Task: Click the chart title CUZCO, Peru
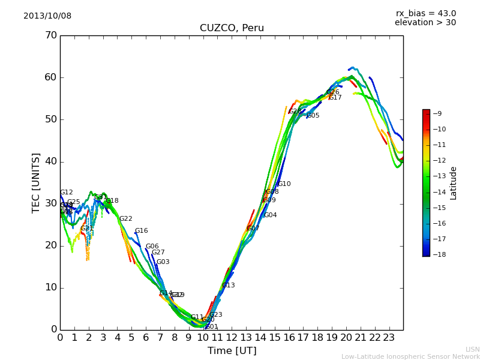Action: click(232, 28)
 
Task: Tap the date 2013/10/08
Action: click(47, 16)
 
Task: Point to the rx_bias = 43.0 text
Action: click(425, 13)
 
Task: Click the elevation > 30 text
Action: click(425, 23)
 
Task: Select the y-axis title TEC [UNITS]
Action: click(36, 182)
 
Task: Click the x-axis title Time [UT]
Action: click(232, 350)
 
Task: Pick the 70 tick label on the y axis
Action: click(50, 35)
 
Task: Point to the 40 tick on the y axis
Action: click(50, 161)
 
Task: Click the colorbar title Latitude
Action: click(454, 183)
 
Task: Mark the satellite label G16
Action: click(141, 231)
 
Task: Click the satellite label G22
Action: click(125, 219)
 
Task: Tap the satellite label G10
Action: click(284, 184)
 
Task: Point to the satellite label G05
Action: click(313, 115)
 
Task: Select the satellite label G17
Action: click(335, 97)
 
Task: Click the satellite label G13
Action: click(228, 286)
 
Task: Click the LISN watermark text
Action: click(472, 349)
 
